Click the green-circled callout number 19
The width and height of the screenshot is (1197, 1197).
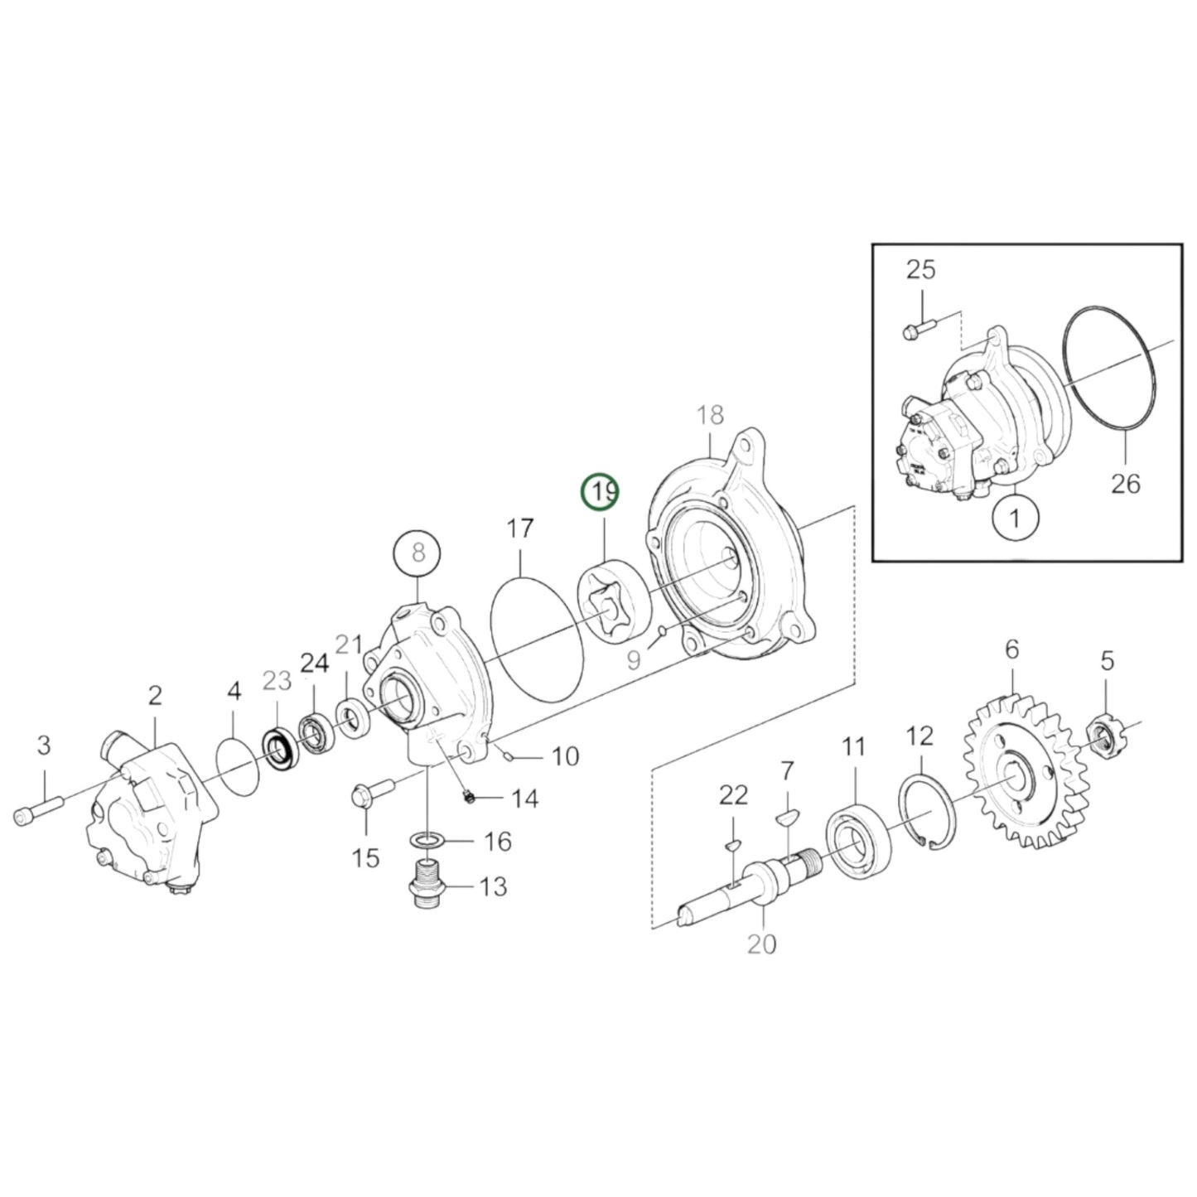600,492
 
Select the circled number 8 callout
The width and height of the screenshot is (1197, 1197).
417,553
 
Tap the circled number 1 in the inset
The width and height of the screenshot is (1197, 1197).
1015,517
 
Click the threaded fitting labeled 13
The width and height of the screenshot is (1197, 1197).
427,884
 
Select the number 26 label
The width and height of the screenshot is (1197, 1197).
1125,483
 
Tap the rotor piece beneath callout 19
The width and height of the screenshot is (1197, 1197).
614,601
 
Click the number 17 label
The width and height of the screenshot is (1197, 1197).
520,528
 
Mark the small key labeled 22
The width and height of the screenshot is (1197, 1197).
733,843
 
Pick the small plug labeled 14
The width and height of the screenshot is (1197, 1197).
471,797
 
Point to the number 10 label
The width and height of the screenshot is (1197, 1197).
565,756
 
